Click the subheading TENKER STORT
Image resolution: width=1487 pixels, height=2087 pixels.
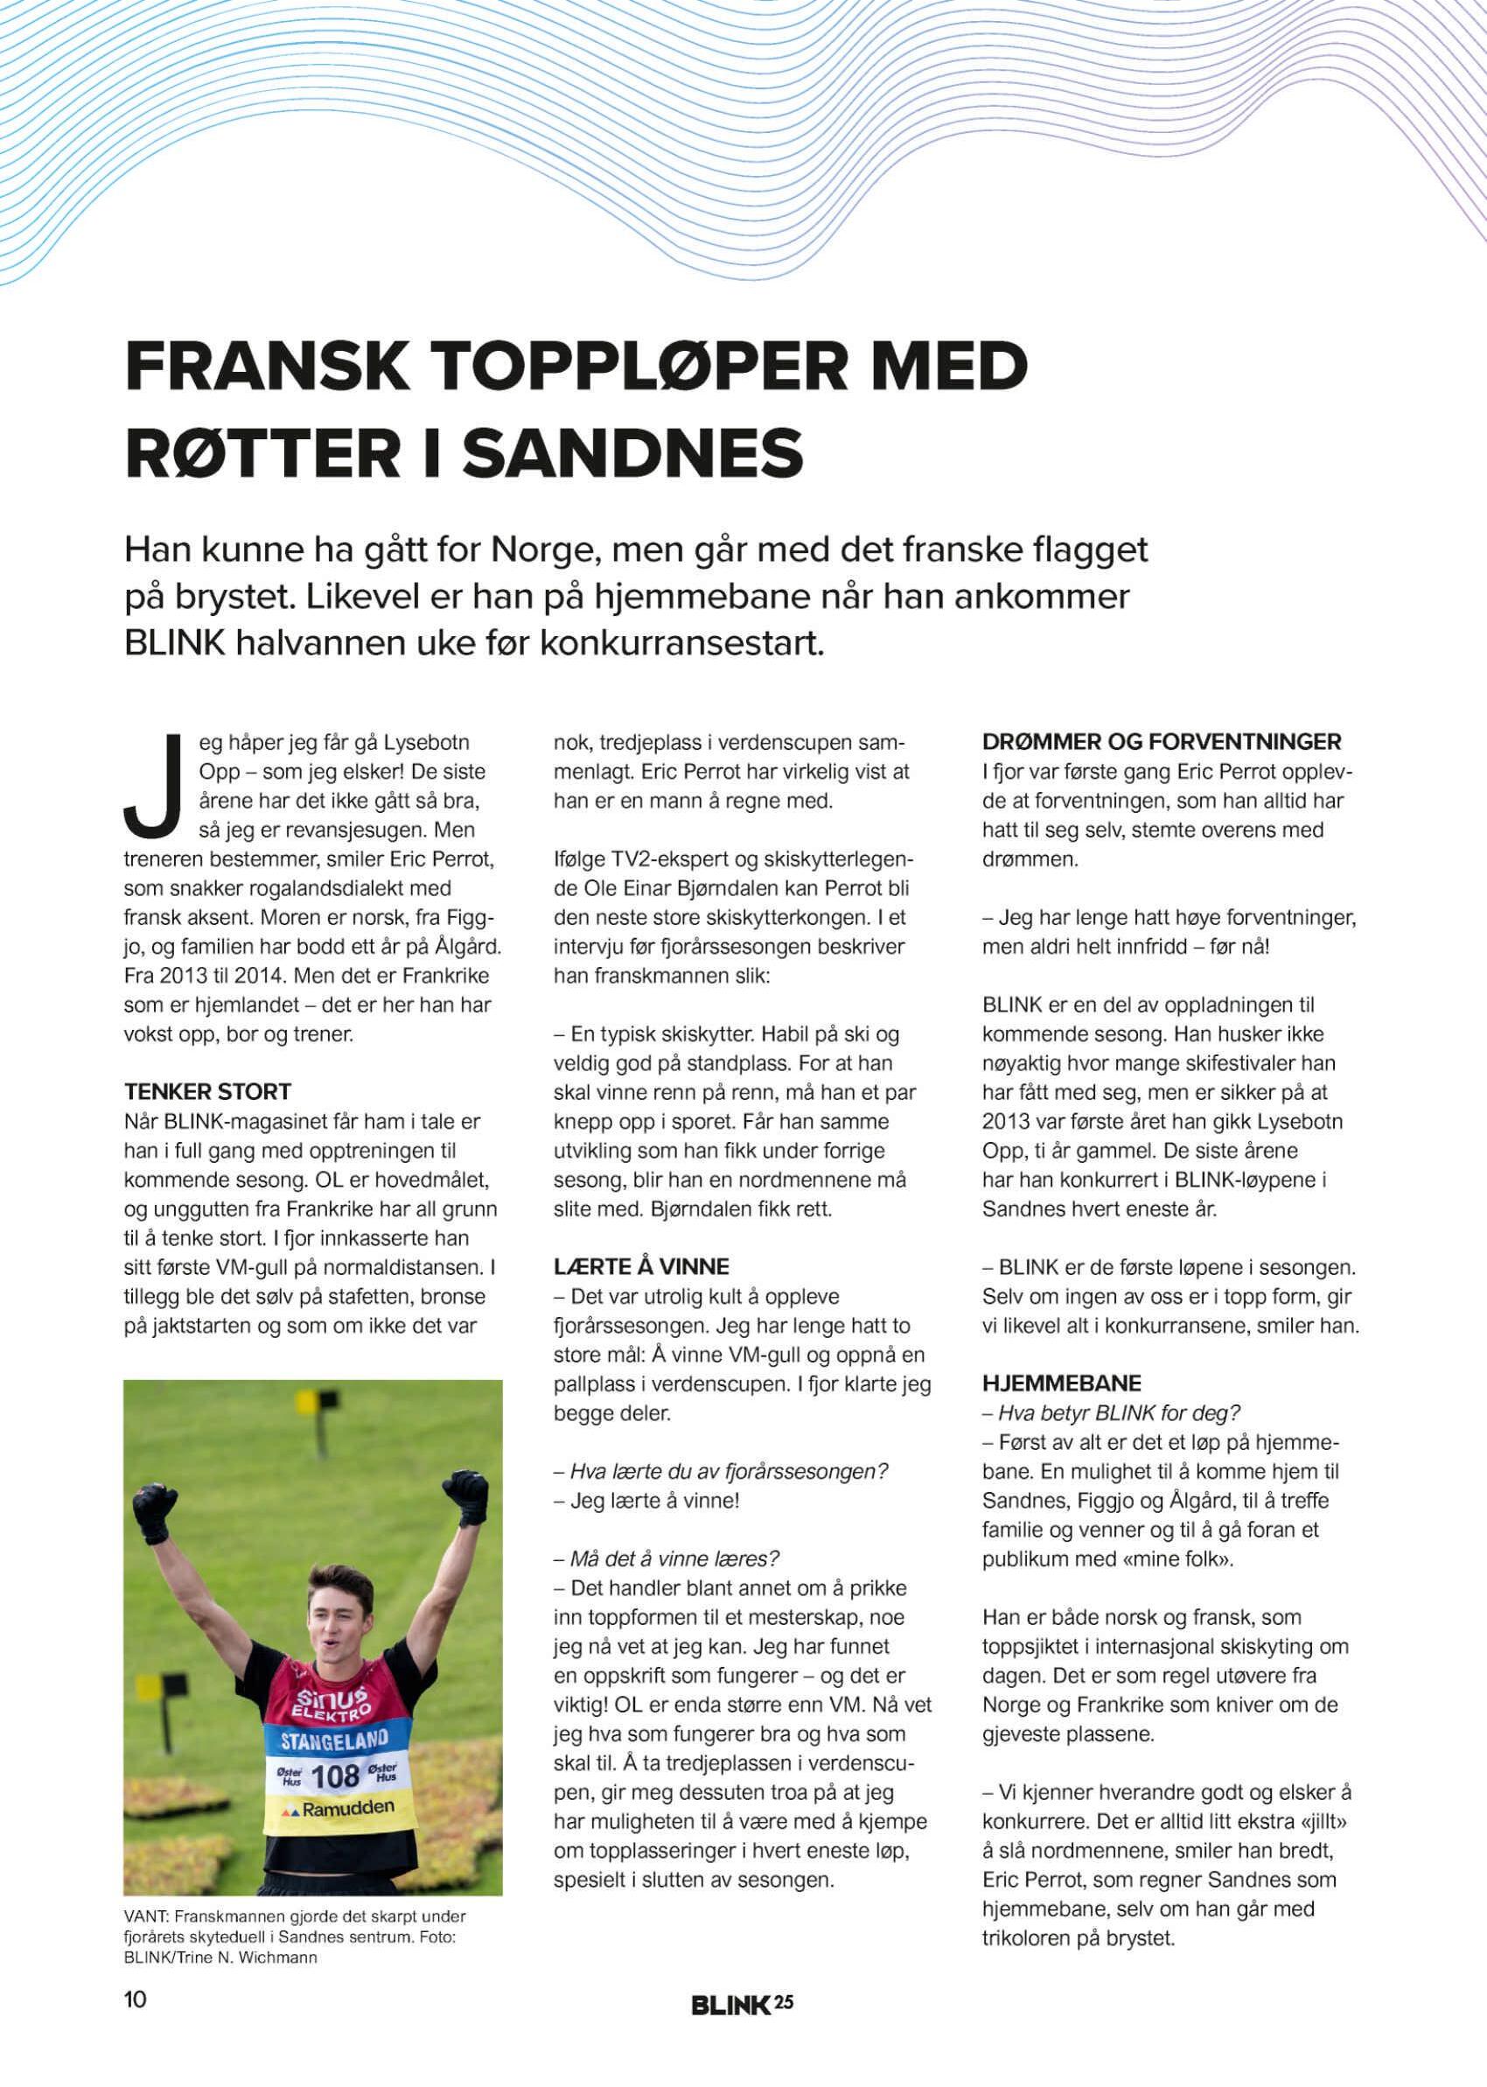click(x=207, y=1091)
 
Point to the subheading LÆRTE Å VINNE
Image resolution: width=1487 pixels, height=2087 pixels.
click(x=641, y=1267)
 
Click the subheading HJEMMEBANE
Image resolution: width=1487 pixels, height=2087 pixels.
click(x=1051, y=1383)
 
